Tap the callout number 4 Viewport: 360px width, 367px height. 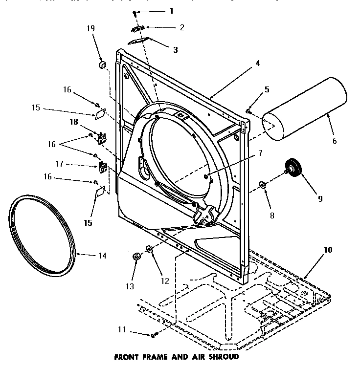(x=257, y=63)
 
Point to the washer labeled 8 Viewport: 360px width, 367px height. (x=263, y=184)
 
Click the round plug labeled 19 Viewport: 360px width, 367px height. (x=102, y=65)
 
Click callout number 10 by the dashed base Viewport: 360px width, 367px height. (x=327, y=250)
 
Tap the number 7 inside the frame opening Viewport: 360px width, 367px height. (x=261, y=153)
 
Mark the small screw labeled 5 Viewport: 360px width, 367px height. (x=248, y=112)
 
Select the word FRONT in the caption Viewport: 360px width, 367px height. (x=127, y=357)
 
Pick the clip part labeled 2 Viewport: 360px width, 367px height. (x=138, y=28)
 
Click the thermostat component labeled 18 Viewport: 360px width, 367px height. (x=103, y=139)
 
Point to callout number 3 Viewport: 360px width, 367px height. (x=175, y=49)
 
